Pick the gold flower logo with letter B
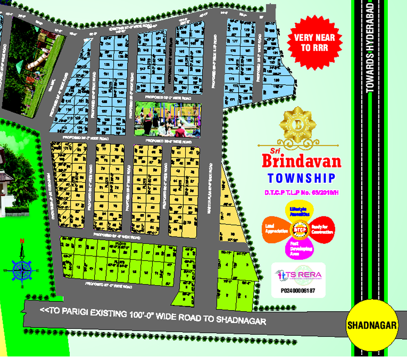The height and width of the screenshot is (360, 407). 298,126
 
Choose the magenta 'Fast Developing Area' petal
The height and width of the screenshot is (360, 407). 300,249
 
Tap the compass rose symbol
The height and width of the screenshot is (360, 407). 22,270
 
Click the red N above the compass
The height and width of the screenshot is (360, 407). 21,242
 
